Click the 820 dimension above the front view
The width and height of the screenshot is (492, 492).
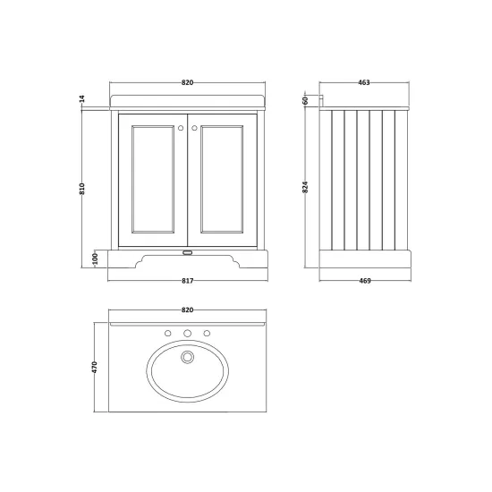tap(187, 82)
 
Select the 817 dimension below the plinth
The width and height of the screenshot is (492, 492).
tap(188, 281)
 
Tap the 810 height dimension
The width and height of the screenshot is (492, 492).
tap(82, 189)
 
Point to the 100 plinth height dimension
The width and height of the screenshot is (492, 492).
tap(96, 259)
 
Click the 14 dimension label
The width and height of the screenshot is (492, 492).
tap(82, 98)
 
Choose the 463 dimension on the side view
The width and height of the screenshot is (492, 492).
tap(364, 82)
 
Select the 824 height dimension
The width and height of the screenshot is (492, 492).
tap(305, 187)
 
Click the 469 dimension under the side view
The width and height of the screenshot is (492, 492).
tap(365, 281)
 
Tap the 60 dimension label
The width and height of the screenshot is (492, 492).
tap(305, 101)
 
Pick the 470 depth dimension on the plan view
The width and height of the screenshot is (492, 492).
tap(95, 367)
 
